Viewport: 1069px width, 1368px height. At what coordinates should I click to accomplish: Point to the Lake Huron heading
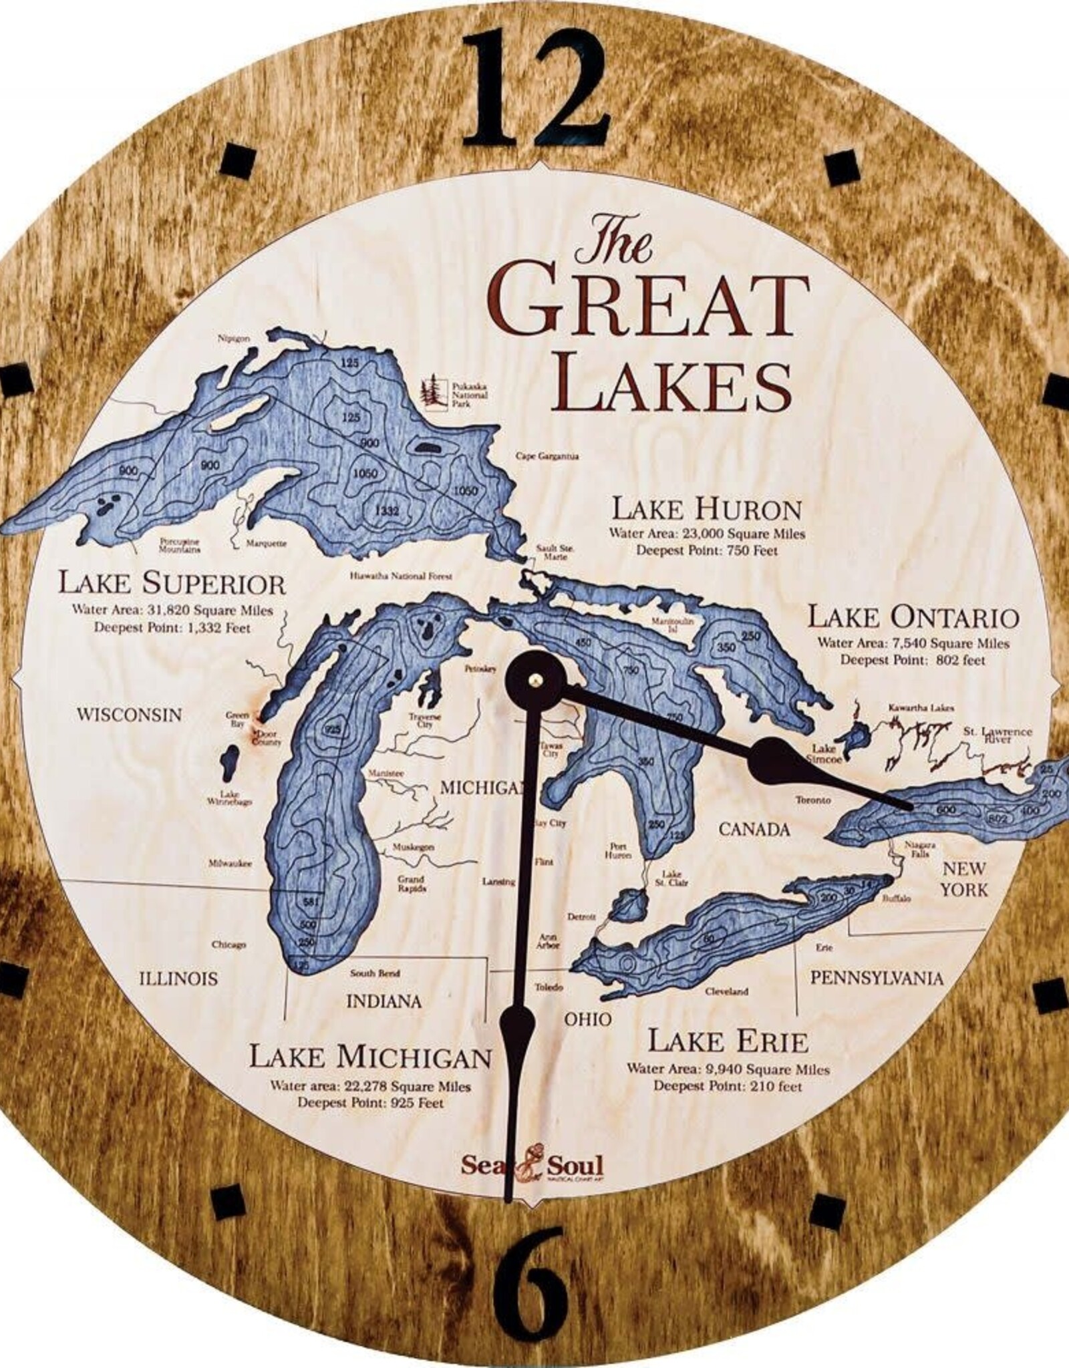click(x=707, y=510)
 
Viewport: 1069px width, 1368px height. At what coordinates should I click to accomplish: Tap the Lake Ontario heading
click(x=913, y=617)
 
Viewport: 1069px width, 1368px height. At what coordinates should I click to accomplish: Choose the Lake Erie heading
click(x=728, y=1041)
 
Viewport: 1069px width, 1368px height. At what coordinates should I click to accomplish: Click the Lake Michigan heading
click(x=371, y=1057)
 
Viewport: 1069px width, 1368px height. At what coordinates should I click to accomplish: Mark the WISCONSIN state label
click(x=129, y=715)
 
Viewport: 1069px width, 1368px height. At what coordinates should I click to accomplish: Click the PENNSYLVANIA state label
click(x=877, y=979)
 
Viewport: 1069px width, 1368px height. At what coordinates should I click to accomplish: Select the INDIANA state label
click(x=384, y=1001)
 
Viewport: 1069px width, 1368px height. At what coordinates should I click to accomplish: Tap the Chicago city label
click(x=229, y=945)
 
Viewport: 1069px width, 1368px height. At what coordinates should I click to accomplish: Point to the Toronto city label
click(x=813, y=800)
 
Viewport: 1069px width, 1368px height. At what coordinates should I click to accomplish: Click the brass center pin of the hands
click(x=535, y=679)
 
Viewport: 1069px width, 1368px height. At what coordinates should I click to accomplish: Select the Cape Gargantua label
click(x=547, y=457)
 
